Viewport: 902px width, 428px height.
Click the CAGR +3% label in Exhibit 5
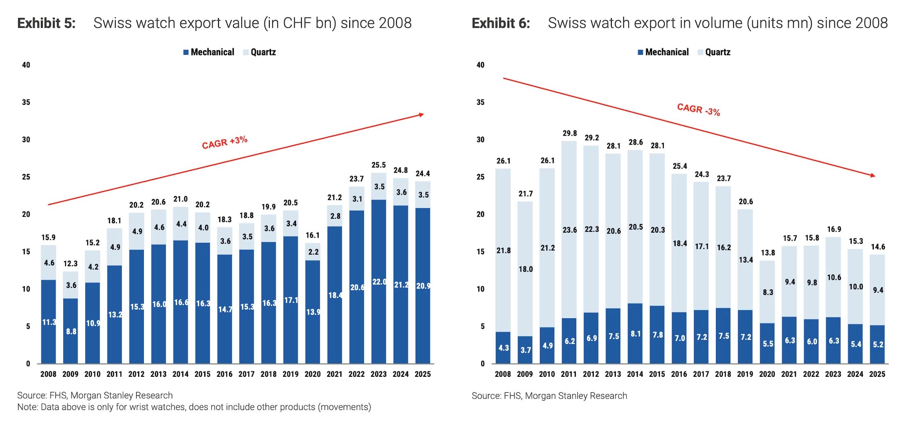pyautogui.click(x=225, y=142)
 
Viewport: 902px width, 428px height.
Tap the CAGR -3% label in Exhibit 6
pyautogui.click(x=698, y=109)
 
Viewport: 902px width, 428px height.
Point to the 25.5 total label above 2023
pyautogui.click(x=378, y=165)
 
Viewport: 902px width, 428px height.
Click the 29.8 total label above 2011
pyautogui.click(x=569, y=133)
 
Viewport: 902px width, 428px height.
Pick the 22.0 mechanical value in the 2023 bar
pyautogui.click(x=379, y=282)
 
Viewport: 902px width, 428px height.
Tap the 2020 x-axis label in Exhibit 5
pyautogui.click(x=312, y=374)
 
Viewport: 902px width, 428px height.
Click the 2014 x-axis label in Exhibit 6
pyautogui.click(x=635, y=374)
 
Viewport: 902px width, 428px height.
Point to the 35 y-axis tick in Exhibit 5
pyautogui.click(x=26, y=102)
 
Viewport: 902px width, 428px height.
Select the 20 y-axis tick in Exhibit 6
pyautogui.click(x=480, y=214)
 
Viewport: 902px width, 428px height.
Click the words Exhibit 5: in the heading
pyautogui.click(x=46, y=23)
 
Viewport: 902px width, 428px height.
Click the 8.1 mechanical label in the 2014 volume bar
pyautogui.click(x=635, y=334)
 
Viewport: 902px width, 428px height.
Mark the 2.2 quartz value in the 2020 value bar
pyautogui.click(x=313, y=252)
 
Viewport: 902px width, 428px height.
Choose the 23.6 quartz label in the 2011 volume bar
pyautogui.click(x=569, y=230)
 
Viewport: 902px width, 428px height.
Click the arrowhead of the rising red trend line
pyautogui.click(x=422, y=115)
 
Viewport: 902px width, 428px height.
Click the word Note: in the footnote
pyautogui.click(x=27, y=407)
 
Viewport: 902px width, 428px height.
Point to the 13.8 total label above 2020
pyautogui.click(x=768, y=253)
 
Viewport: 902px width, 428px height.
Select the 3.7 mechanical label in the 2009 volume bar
pyautogui.click(x=526, y=350)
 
